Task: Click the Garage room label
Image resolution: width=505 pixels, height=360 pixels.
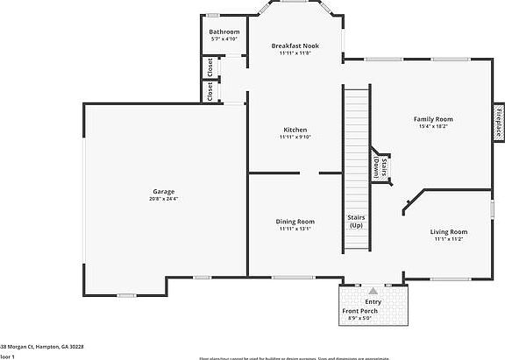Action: [x=163, y=191]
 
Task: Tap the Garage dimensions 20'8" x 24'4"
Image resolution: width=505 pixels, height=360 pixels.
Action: [x=163, y=199]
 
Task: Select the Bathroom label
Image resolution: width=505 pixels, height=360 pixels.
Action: [x=224, y=32]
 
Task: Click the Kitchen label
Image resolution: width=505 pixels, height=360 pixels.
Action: [x=295, y=130]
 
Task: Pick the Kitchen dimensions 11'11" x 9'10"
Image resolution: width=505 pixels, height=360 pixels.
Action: [x=295, y=138]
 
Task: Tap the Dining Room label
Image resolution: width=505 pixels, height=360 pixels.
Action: [x=295, y=222]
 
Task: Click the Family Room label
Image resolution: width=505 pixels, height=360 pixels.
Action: [x=433, y=118]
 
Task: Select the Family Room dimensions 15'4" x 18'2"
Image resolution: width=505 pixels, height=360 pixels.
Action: [x=433, y=126]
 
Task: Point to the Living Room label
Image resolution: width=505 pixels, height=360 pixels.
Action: [x=448, y=231]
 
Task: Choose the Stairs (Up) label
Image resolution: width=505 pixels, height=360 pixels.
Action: [x=356, y=221]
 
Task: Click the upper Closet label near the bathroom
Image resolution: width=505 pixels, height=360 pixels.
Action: [x=210, y=67]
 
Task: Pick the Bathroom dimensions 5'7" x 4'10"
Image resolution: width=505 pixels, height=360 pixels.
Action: [x=224, y=39]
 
